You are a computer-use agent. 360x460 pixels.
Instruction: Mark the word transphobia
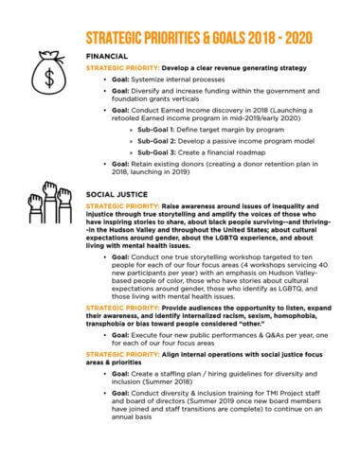(107, 333)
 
